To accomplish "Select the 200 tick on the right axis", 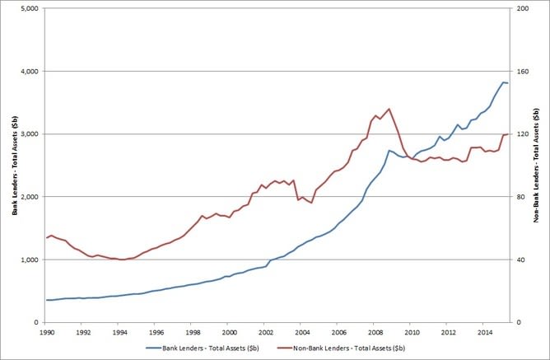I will [x=523, y=8].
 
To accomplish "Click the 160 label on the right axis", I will [x=523, y=72].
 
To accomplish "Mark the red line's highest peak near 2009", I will [x=389, y=109].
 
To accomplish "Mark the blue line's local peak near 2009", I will [x=389, y=150].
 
